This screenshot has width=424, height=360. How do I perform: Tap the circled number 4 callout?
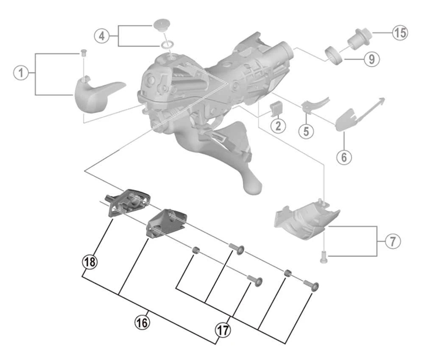pos(101,36)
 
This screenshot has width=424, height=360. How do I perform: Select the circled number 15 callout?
pos(399,33)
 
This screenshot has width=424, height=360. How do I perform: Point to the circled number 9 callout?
pos(371,59)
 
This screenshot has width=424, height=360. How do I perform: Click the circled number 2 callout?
pos(278,126)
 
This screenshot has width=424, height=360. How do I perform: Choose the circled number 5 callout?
pos(306,131)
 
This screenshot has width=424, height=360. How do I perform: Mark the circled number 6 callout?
pos(344,157)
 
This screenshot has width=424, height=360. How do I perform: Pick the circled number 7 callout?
pos(392,242)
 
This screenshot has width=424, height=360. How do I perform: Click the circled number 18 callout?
pos(89,262)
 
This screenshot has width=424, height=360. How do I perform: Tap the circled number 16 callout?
pos(142,322)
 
